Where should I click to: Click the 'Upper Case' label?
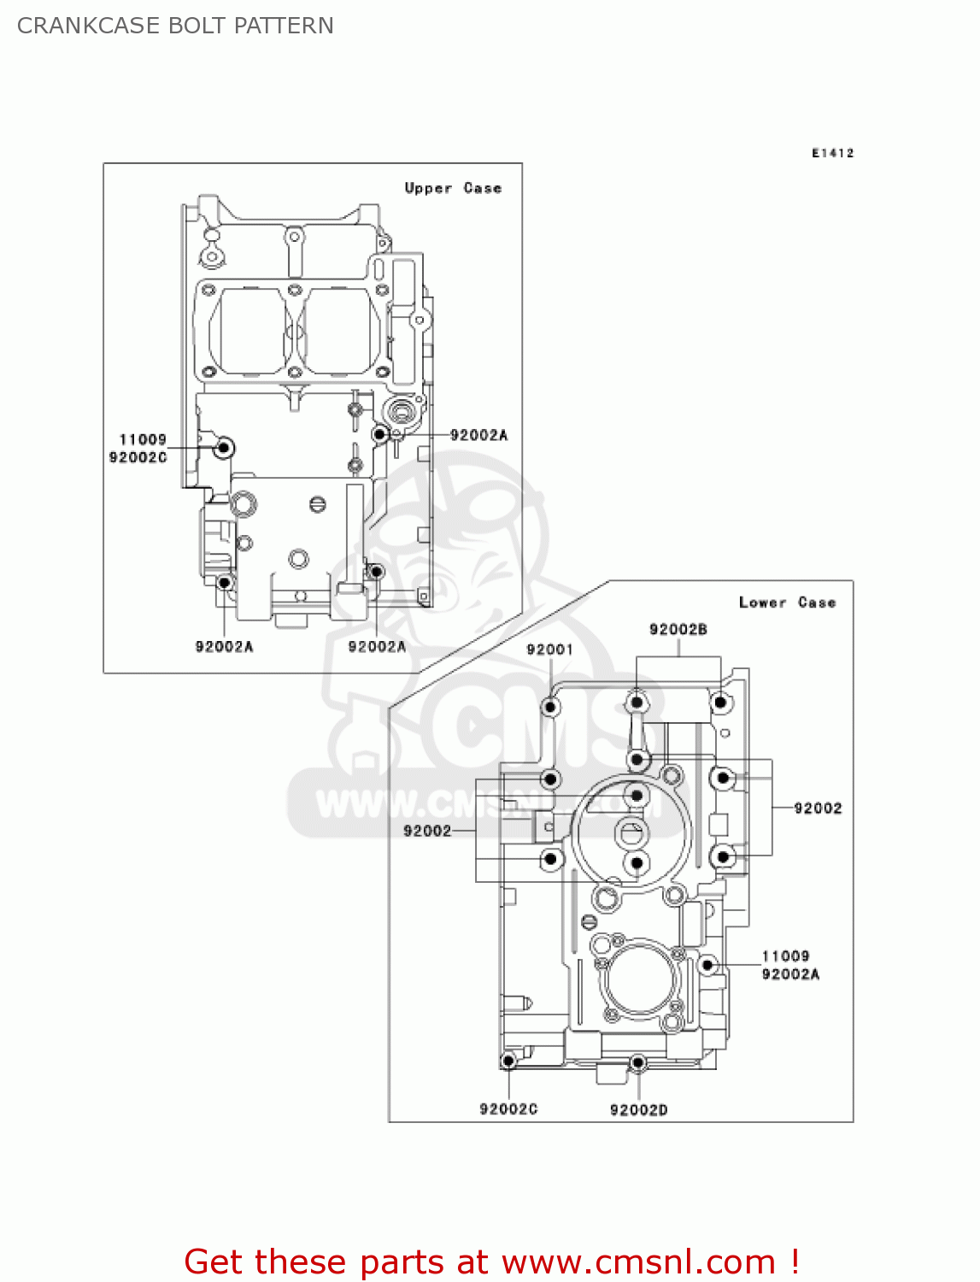453,188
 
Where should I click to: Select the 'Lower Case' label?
787,603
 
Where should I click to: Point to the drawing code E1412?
832,153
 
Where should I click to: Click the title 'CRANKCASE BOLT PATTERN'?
175,26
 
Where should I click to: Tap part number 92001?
549,650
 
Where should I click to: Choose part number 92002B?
678,630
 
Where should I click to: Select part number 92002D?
638,1109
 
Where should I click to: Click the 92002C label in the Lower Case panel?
508,1109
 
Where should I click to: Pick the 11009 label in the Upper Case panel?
143,439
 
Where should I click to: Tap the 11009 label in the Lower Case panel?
785,956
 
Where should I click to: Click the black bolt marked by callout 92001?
551,707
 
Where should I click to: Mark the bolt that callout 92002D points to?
637,1062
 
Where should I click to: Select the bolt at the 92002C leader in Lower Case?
508,1061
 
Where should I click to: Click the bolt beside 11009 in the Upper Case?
225,447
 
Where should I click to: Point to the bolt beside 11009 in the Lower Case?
707,965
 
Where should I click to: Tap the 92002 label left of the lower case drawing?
427,831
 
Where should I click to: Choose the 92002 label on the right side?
818,808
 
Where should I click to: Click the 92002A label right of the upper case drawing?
478,435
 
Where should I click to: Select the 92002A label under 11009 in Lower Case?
790,974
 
